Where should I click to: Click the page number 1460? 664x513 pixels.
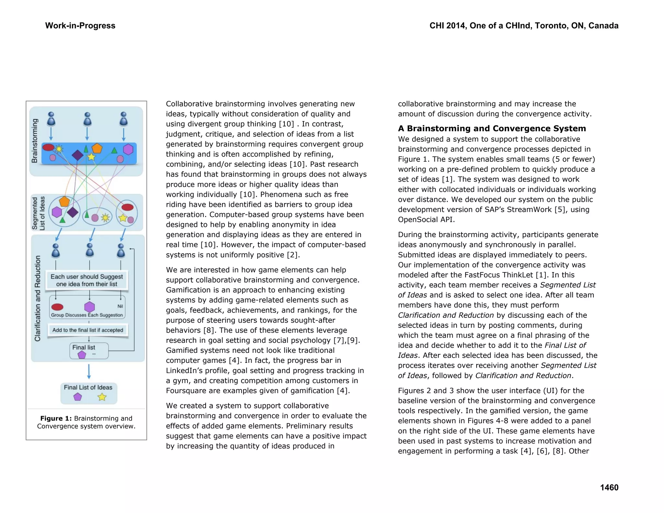coord(609,487)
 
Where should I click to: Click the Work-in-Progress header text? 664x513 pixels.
coord(80,26)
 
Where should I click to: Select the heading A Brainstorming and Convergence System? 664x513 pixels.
coord(492,128)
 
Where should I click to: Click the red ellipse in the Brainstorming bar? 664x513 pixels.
coord(48,148)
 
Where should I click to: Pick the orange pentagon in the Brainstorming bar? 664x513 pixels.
coord(97,148)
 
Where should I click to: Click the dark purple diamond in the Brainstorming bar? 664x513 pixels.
coord(77,155)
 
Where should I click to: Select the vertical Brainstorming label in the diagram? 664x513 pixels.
coord(34,141)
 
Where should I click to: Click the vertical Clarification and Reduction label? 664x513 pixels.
coord(38,298)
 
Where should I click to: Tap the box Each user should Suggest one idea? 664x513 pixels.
coord(87,280)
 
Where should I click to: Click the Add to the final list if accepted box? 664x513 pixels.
coord(88,330)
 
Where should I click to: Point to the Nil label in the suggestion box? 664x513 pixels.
coord(120,306)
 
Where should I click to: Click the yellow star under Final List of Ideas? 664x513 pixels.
coord(102,397)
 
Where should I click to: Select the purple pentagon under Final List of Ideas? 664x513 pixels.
coord(77,397)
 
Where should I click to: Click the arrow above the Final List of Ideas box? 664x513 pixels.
coord(89,372)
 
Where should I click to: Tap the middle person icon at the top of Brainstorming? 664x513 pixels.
coord(87,119)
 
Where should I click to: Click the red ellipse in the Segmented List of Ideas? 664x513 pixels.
coord(127,207)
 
